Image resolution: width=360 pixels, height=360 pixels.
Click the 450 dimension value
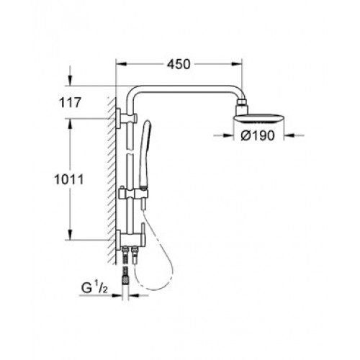tap(179, 64)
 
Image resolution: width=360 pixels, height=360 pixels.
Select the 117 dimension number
tap(70, 103)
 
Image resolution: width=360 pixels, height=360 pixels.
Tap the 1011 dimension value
tap(69, 179)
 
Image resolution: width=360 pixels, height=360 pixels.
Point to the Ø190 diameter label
tap(257, 136)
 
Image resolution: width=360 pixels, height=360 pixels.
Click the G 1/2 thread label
tap(94, 288)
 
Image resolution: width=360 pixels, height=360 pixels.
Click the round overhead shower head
tap(258, 119)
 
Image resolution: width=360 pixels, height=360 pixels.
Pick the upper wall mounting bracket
tap(127, 118)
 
